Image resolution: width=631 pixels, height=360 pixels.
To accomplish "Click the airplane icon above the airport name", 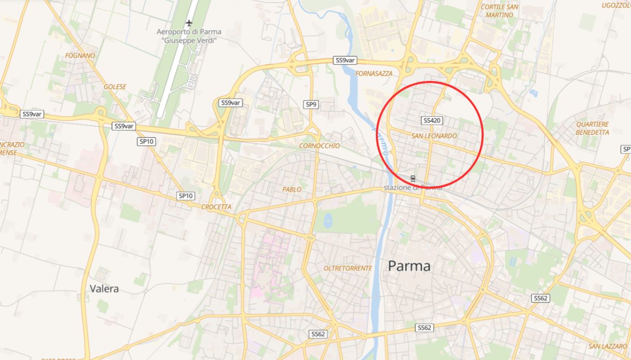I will [189, 23].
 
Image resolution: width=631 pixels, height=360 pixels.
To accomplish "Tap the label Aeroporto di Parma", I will [189, 32].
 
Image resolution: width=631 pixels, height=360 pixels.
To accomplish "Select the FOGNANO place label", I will [80, 56].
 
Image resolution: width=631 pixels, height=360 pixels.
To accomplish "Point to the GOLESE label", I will [115, 87].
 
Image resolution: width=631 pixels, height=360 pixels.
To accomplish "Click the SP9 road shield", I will [311, 105].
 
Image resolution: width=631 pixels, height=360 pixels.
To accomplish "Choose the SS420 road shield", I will [432, 120].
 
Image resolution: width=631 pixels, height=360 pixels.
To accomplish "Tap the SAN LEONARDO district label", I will [434, 136].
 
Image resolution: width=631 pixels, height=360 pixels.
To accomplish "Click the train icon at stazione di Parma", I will [413, 178].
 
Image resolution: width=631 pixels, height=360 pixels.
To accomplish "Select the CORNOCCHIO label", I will [319, 146].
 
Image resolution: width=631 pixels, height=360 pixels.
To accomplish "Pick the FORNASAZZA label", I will [374, 74].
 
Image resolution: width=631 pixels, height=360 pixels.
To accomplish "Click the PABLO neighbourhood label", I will [292, 189].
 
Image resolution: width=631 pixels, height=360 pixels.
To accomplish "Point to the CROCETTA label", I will [216, 207].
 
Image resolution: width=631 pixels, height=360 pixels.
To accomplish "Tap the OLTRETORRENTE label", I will [347, 268].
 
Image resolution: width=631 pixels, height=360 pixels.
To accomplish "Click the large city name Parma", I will [409, 266].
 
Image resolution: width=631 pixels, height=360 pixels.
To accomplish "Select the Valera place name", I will [104, 288].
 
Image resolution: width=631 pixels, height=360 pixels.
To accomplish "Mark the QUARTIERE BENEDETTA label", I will [592, 128].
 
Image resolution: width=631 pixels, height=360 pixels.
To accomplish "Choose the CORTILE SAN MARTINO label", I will [499, 11].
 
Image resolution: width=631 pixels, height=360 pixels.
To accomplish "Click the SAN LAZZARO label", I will [608, 346].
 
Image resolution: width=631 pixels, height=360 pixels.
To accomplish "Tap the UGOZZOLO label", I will [616, 6].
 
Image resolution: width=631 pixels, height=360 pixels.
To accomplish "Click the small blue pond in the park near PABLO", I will [328, 221].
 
